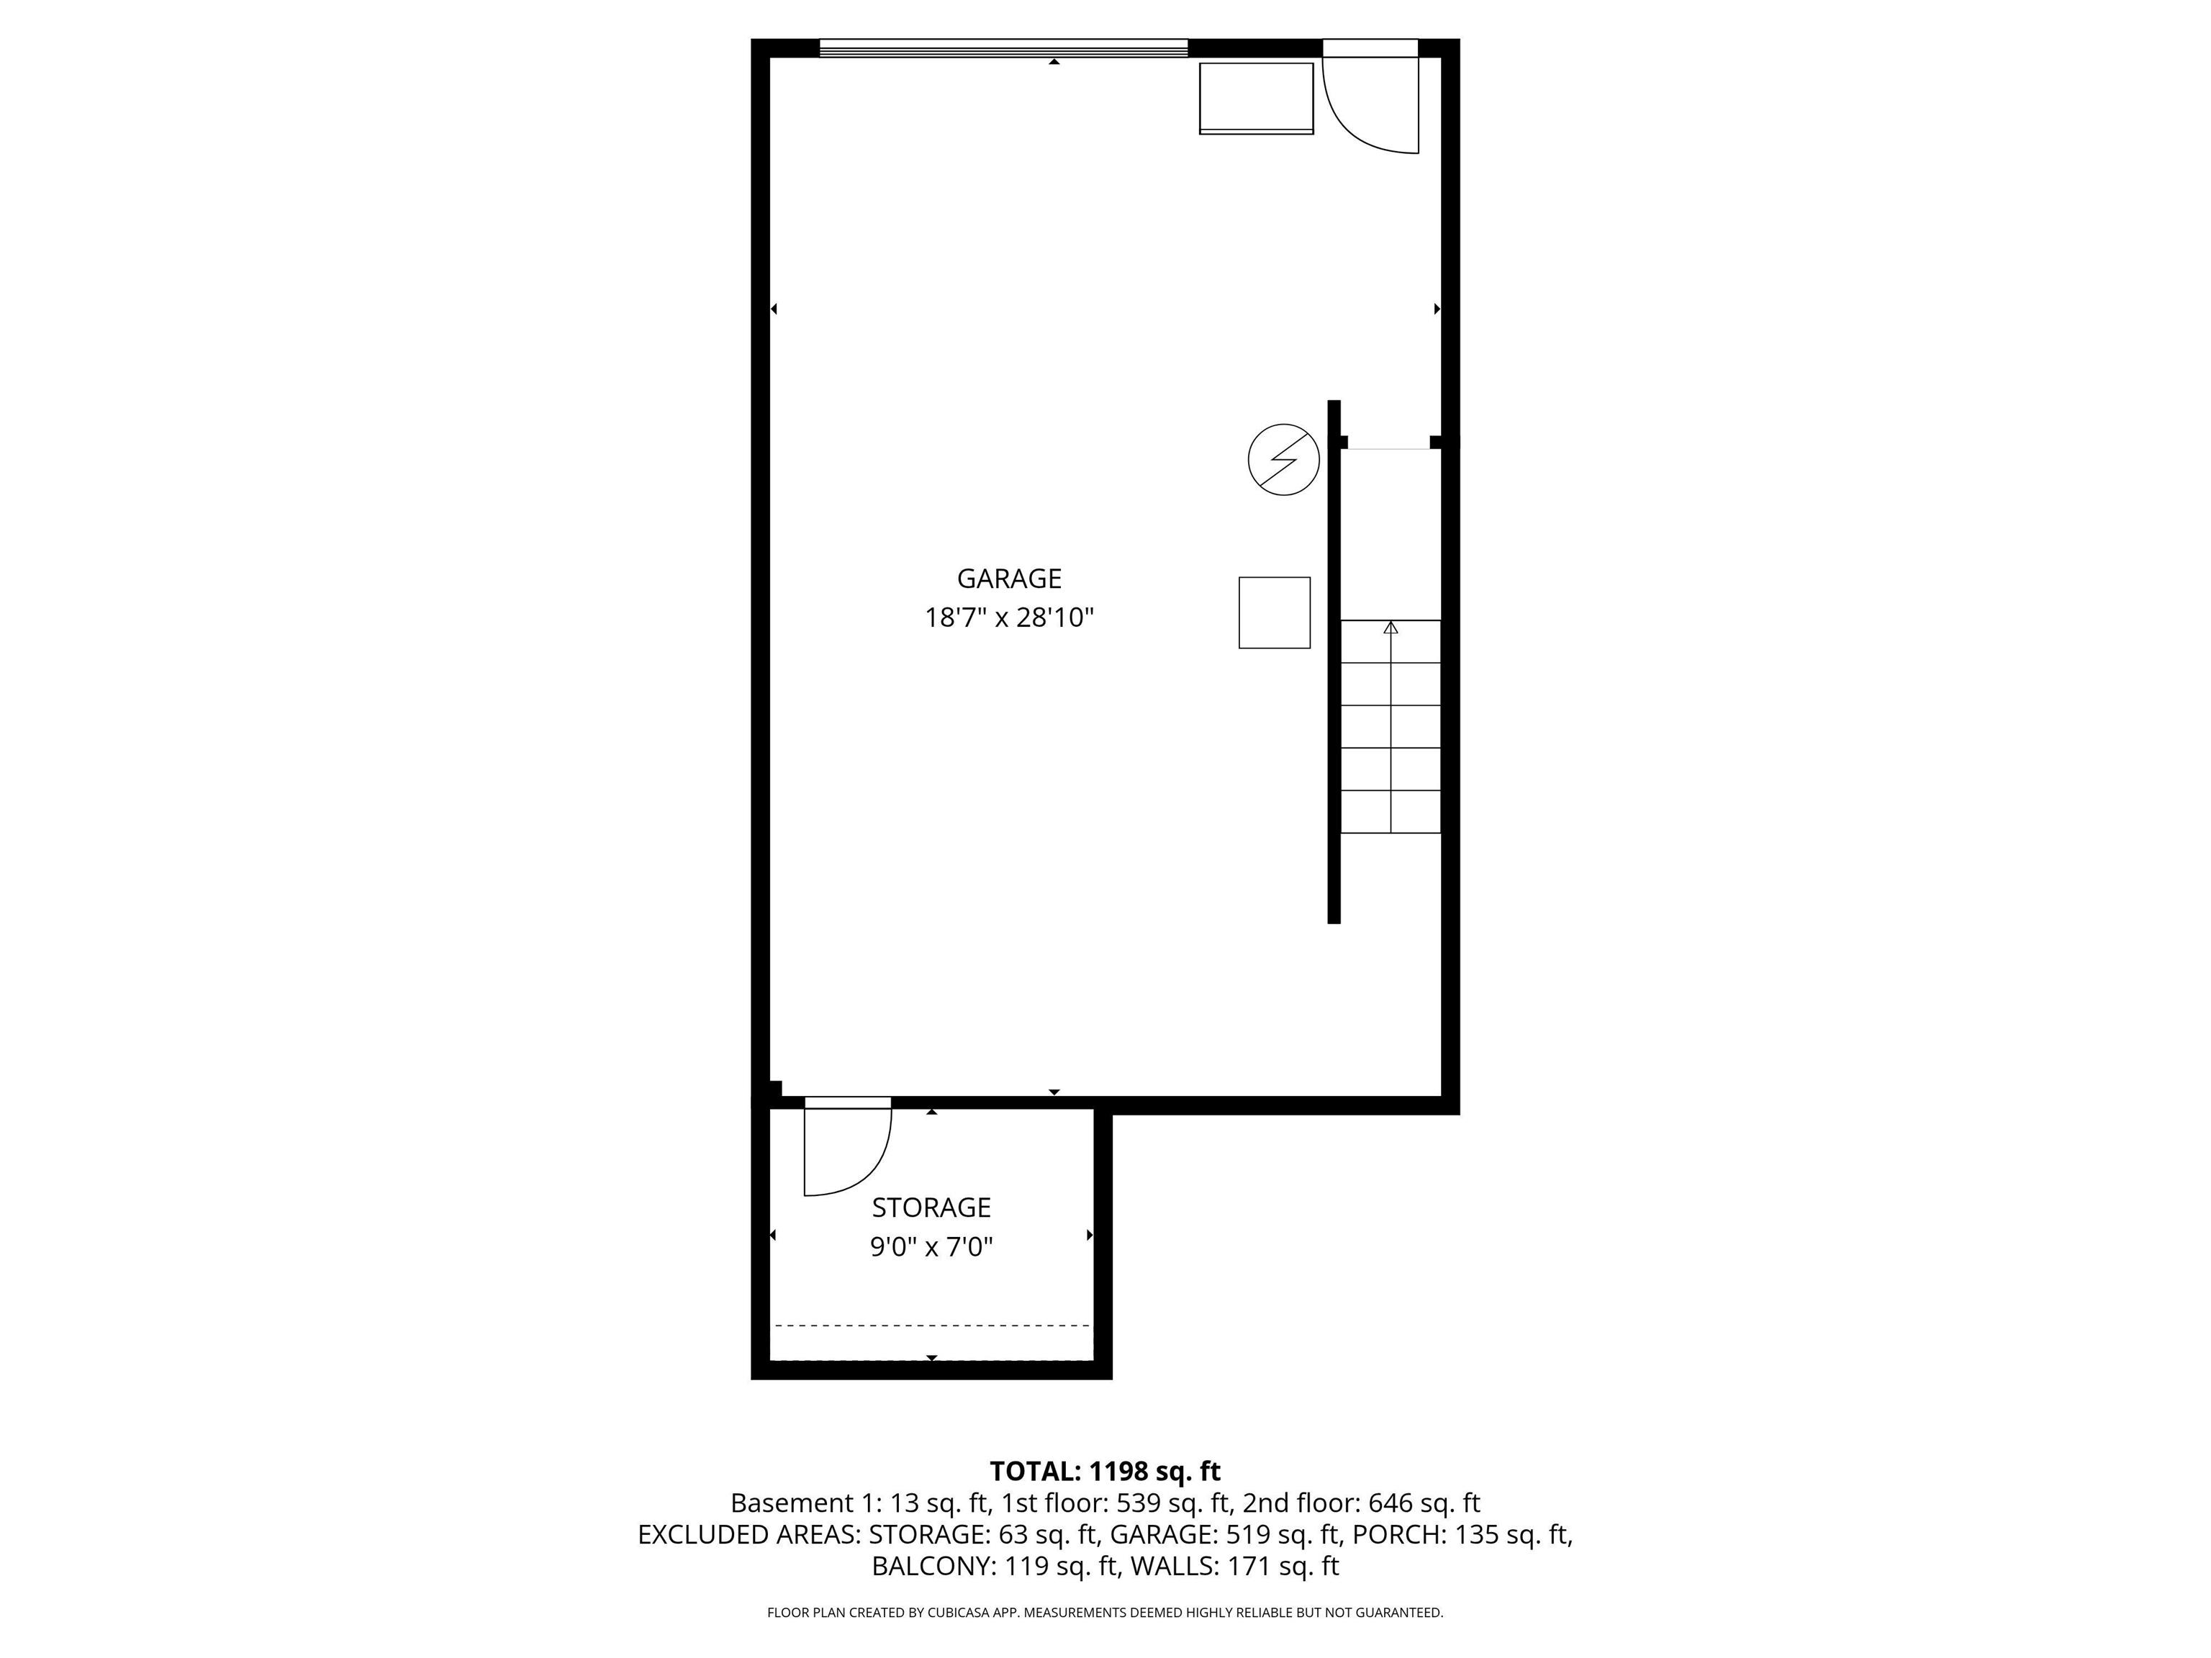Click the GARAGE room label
pyautogui.click(x=1008, y=579)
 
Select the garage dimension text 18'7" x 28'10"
pyautogui.click(x=1008, y=617)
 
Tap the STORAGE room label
pyautogui.click(x=931, y=1208)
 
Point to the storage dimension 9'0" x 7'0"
pyautogui.click(x=931, y=1247)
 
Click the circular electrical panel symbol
pyautogui.click(x=1283, y=460)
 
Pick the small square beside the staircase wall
pyautogui.click(x=1275, y=612)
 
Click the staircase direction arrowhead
pyautogui.click(x=1391, y=628)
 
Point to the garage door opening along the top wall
pyautogui.click(x=1003, y=47)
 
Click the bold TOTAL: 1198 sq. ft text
pyautogui.click(x=1105, y=1471)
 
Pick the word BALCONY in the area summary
pyautogui.click(x=931, y=1566)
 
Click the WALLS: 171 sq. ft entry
pyautogui.click(x=1234, y=1566)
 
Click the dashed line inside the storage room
pyautogui.click(x=931, y=1326)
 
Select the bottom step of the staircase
pyautogui.click(x=1391, y=812)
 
